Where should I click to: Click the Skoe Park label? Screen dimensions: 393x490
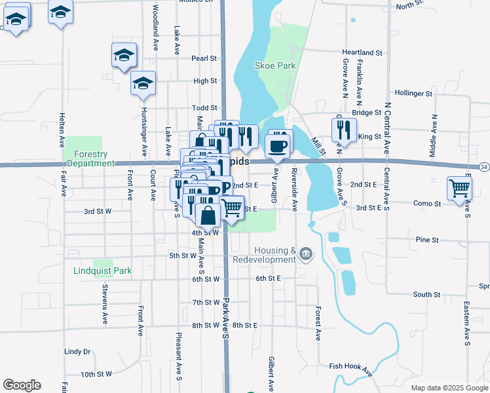[274, 65]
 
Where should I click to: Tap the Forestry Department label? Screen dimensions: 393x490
[90, 159]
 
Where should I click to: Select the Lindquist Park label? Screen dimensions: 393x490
[103, 271]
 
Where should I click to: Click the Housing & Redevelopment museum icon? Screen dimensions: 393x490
[307, 253]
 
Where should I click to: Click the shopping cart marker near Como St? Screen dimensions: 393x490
[460, 189]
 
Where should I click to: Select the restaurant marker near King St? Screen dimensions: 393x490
[344, 130]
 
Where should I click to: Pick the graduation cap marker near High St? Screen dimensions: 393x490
[143, 84]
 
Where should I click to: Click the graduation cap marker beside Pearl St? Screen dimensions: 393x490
[123, 56]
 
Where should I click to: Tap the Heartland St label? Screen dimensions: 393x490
[362, 52]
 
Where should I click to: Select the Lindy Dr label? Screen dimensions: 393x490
[77, 352]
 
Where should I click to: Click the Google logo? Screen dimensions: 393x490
[22, 385]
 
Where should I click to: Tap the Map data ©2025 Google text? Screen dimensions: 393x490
[449, 388]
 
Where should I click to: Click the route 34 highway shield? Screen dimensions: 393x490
[484, 168]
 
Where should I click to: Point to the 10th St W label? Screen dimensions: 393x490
[97, 375]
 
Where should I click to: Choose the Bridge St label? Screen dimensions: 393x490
[366, 113]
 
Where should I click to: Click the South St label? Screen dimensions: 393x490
[427, 295]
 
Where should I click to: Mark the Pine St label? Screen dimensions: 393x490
[427, 240]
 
